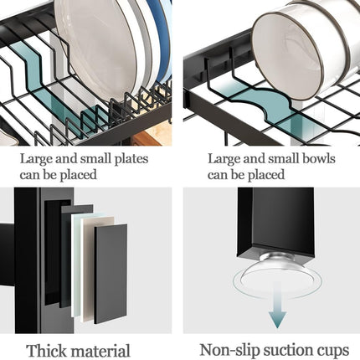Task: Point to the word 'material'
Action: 100,351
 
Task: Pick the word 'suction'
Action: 287,351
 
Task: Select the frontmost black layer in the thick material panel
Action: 110,272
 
